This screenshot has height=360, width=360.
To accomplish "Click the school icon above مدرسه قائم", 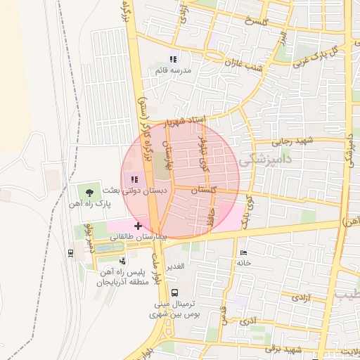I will [x=172, y=58].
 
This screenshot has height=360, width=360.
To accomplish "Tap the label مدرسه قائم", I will [x=173, y=70].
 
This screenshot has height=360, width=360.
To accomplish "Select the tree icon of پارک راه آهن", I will [x=89, y=190].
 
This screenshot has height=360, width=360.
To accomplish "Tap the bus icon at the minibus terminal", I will [x=174, y=292].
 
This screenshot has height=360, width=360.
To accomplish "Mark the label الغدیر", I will [x=171, y=265].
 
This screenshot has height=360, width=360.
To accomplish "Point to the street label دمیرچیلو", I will [x=88, y=240].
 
